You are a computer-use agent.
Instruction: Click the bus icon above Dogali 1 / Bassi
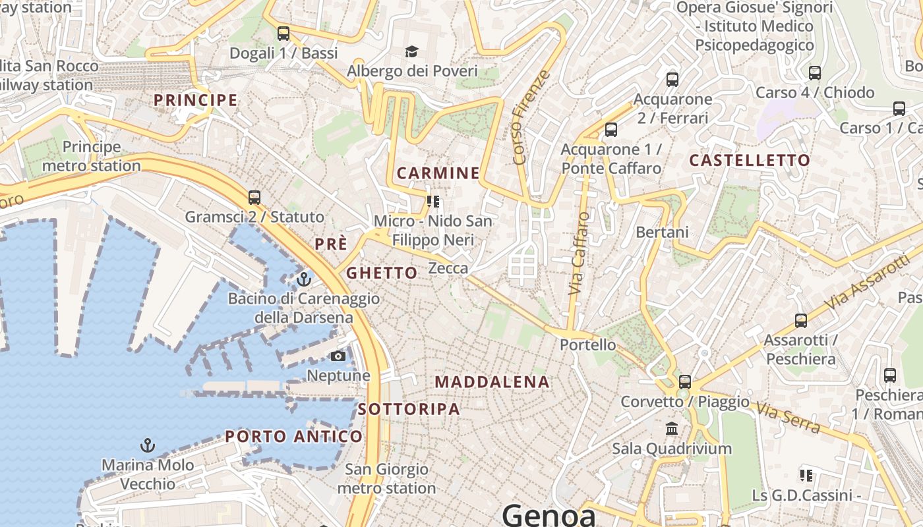[283, 33]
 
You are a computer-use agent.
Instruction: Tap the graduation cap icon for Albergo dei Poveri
[412, 51]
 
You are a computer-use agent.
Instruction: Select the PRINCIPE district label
[195, 100]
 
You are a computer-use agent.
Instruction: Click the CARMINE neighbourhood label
[438, 173]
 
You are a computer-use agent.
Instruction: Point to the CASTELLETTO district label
[750, 160]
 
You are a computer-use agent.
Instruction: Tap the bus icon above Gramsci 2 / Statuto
[254, 197]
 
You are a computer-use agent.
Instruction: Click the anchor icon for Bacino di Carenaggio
[303, 279]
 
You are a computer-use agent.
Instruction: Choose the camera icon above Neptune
[338, 356]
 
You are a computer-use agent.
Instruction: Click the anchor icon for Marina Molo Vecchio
[148, 446]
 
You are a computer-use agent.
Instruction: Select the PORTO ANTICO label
[294, 436]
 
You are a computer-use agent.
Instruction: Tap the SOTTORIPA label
[409, 409]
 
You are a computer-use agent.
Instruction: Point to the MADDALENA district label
[492, 382]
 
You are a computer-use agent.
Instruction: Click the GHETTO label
[382, 273]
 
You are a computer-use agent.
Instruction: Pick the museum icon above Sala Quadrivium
[672, 429]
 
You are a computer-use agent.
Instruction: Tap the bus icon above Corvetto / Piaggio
[685, 381]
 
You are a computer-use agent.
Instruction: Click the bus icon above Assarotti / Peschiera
[801, 321]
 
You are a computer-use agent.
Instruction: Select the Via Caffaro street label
[578, 253]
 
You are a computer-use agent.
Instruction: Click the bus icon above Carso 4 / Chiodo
[815, 73]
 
